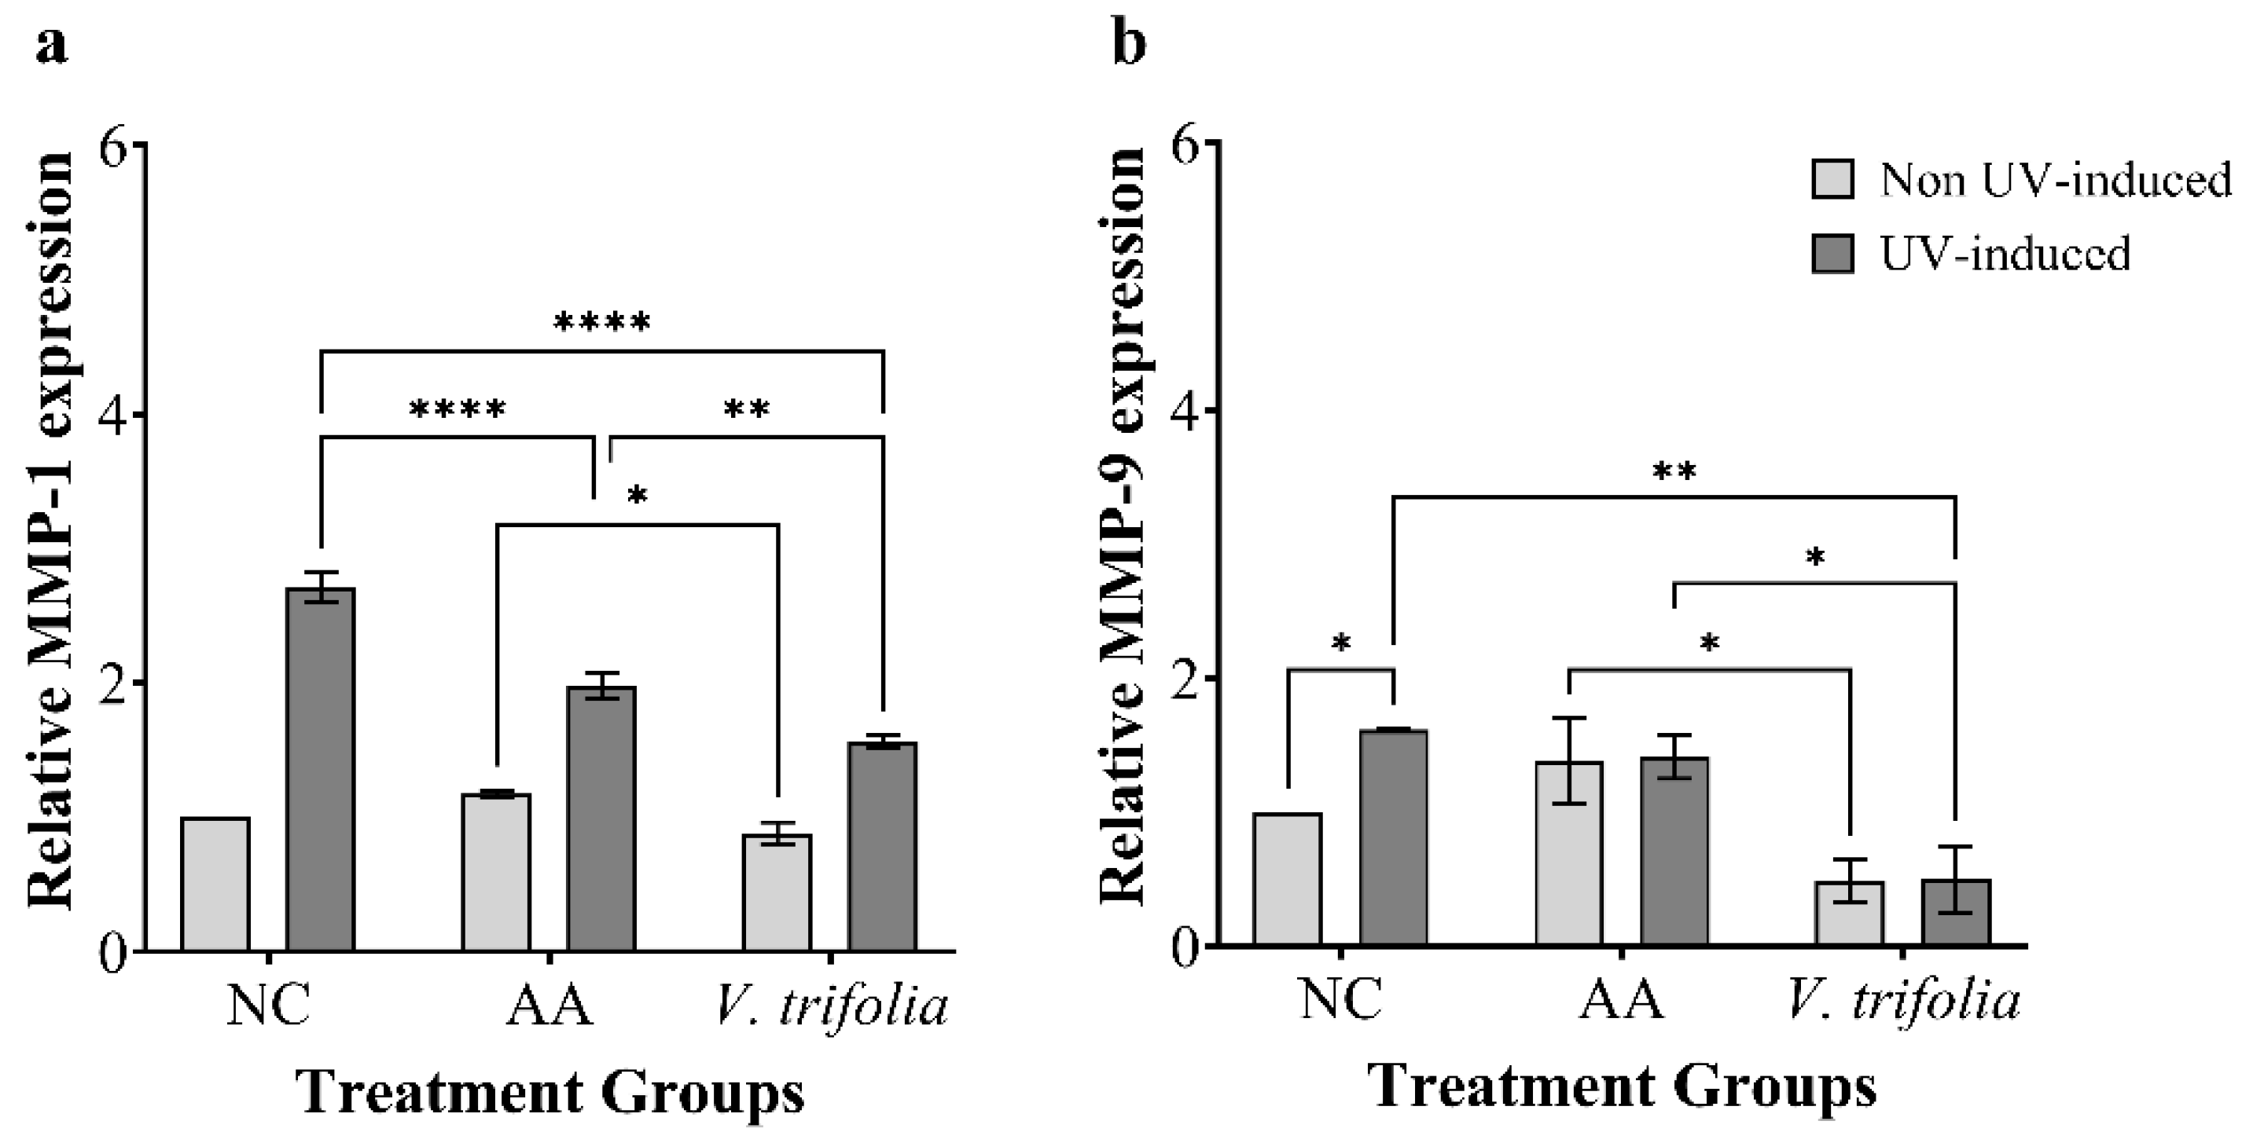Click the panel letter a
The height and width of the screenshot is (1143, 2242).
(x=50, y=46)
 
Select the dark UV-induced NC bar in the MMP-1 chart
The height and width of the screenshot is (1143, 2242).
(x=322, y=770)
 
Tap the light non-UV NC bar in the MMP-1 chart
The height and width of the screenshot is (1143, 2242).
(x=215, y=884)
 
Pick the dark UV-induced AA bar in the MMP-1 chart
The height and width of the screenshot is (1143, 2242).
(x=601, y=818)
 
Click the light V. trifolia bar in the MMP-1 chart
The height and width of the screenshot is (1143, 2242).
(x=777, y=892)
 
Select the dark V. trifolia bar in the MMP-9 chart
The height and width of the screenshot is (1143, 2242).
(x=1956, y=914)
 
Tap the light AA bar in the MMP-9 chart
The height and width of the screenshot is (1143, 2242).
(x=1569, y=852)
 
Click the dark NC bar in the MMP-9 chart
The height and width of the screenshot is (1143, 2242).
(x=1394, y=837)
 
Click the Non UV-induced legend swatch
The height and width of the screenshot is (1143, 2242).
(x=1832, y=179)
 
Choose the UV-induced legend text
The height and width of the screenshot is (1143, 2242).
(x=2005, y=254)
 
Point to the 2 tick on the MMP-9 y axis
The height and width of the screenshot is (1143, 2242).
(x=1189, y=678)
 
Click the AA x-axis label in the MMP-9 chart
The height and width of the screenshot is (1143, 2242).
(x=1621, y=999)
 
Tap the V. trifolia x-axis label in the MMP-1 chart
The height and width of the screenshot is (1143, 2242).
(x=830, y=1007)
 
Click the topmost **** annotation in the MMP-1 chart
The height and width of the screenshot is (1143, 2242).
(x=602, y=324)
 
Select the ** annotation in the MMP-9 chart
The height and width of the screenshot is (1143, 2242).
(x=1674, y=472)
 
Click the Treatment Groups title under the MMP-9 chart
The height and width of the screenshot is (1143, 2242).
(x=1622, y=1087)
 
